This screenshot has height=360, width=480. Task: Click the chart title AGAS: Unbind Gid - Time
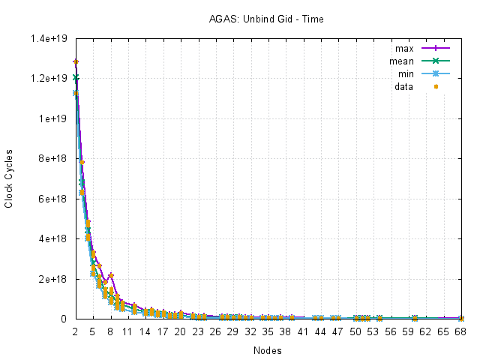coord(266,19)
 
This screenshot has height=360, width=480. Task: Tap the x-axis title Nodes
coord(268,349)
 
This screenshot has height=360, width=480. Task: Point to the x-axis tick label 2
coord(75,331)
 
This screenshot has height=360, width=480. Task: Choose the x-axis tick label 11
coord(127,331)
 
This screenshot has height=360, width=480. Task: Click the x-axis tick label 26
coord(214,331)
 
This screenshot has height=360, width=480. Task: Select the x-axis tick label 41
coord(301,331)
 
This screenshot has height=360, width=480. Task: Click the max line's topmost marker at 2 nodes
coord(75,61)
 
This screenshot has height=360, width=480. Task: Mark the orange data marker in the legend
coord(435,87)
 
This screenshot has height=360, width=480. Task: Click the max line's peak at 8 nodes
coord(110,275)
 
